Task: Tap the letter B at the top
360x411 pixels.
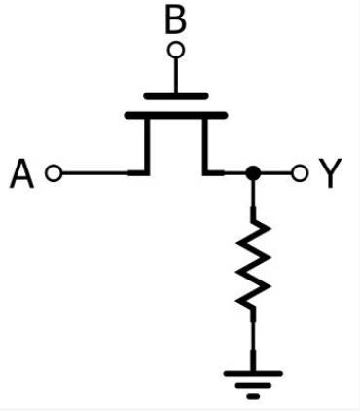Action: click(176, 19)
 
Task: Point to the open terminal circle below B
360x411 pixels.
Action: click(176, 48)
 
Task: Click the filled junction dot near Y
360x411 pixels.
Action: click(253, 173)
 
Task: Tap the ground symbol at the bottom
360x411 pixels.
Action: click(253, 383)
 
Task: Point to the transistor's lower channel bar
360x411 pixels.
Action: click(176, 116)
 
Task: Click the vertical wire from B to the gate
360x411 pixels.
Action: click(176, 74)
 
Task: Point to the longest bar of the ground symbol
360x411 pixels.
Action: click(253, 373)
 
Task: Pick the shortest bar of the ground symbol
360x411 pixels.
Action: click(253, 396)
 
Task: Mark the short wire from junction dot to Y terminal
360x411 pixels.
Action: click(275, 173)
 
